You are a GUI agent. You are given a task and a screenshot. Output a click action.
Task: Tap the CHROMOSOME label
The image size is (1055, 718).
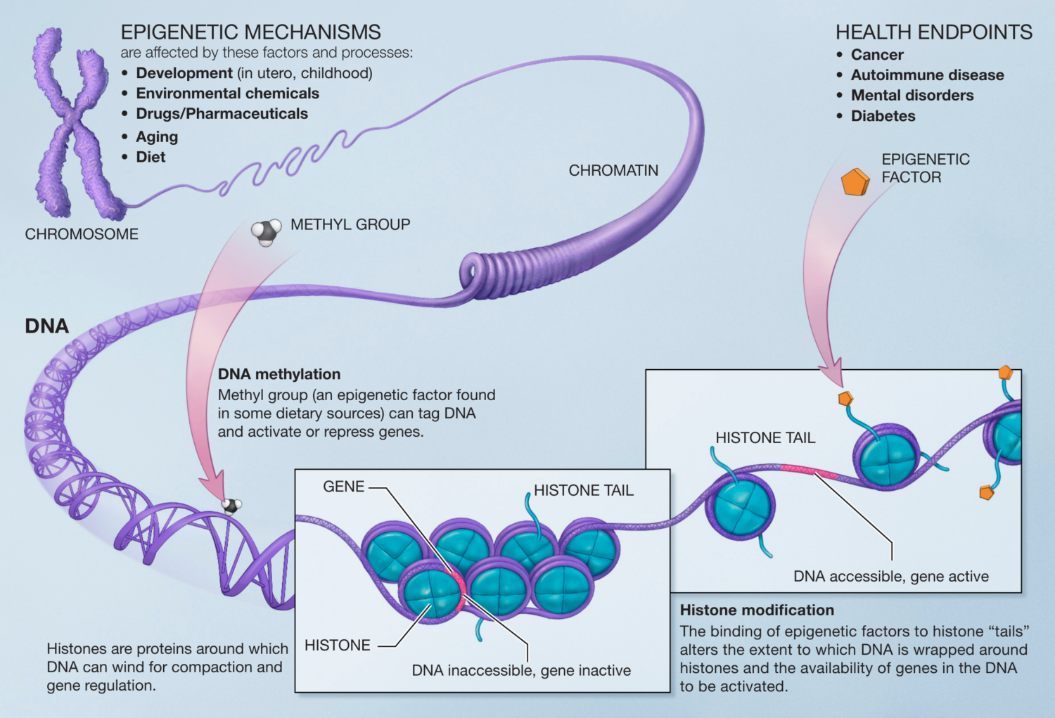pyautogui.click(x=82, y=234)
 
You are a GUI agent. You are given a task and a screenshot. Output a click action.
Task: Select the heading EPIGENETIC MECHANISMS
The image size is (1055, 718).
pyautogui.click(x=250, y=32)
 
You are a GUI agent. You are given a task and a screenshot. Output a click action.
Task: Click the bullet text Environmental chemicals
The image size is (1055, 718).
pyautogui.click(x=227, y=94)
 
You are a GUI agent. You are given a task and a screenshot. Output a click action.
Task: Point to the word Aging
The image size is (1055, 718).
pyautogui.click(x=157, y=137)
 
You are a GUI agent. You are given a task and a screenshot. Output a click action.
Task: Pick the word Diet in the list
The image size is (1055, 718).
pyautogui.click(x=151, y=158)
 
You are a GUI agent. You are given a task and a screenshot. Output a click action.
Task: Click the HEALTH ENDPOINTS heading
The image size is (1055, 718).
pyautogui.click(x=933, y=32)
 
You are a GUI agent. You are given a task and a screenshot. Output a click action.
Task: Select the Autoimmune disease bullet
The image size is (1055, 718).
pyautogui.click(x=927, y=75)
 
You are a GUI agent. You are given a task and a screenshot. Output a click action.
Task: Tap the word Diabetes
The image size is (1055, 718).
pyautogui.click(x=883, y=116)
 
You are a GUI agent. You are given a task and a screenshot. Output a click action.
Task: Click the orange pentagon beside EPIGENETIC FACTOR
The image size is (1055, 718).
pyautogui.click(x=855, y=182)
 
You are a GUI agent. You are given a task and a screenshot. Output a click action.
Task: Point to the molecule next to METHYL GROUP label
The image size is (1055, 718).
pyautogui.click(x=266, y=231)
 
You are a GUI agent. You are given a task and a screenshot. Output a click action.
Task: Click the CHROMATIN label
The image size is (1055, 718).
pyautogui.click(x=613, y=171)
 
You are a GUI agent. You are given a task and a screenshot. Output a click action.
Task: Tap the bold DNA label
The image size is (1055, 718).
pyautogui.click(x=47, y=326)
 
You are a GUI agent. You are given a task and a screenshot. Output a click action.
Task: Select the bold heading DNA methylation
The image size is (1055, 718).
pyautogui.click(x=279, y=374)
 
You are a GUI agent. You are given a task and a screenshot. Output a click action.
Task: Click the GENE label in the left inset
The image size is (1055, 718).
pyautogui.click(x=343, y=487)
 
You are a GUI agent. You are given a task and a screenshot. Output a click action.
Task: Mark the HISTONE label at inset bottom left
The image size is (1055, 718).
pyautogui.click(x=337, y=646)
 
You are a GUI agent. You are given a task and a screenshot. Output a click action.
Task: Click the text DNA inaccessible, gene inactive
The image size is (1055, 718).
pyautogui.click(x=521, y=671)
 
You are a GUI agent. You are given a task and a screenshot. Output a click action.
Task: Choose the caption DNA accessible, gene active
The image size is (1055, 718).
pyautogui.click(x=890, y=577)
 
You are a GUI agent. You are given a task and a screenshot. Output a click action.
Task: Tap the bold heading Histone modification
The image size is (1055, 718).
pyautogui.click(x=757, y=610)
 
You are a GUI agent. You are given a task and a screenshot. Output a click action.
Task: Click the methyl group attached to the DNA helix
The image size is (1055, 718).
pyautogui.click(x=231, y=505)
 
